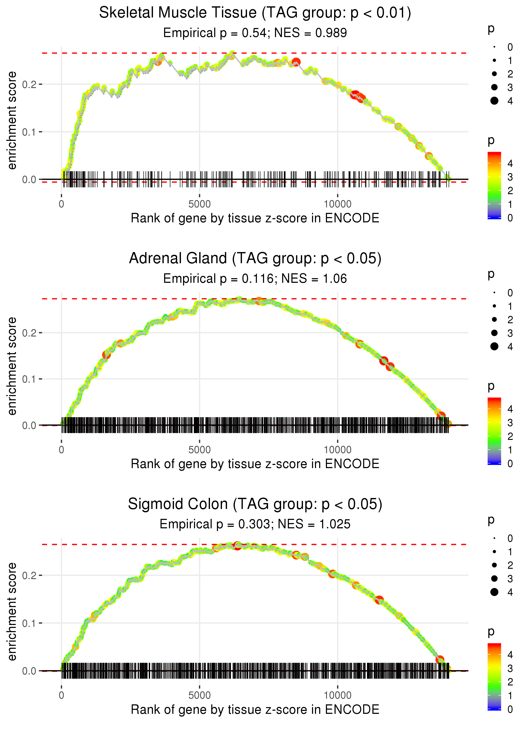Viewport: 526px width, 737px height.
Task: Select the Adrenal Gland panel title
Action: (255, 259)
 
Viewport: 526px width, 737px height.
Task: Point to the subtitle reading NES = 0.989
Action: (310, 33)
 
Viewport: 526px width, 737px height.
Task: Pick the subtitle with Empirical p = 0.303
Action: (215, 524)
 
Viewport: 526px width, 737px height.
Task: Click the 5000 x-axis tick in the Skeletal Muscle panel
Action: (199, 204)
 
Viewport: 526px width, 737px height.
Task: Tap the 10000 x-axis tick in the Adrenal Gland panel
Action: (337, 450)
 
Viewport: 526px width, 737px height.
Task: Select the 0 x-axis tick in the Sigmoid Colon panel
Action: (61, 696)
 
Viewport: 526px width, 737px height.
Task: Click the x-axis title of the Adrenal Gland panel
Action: (255, 464)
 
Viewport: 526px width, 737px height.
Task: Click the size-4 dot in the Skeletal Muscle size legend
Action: (494, 101)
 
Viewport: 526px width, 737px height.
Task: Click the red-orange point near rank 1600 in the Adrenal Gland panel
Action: (106, 355)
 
